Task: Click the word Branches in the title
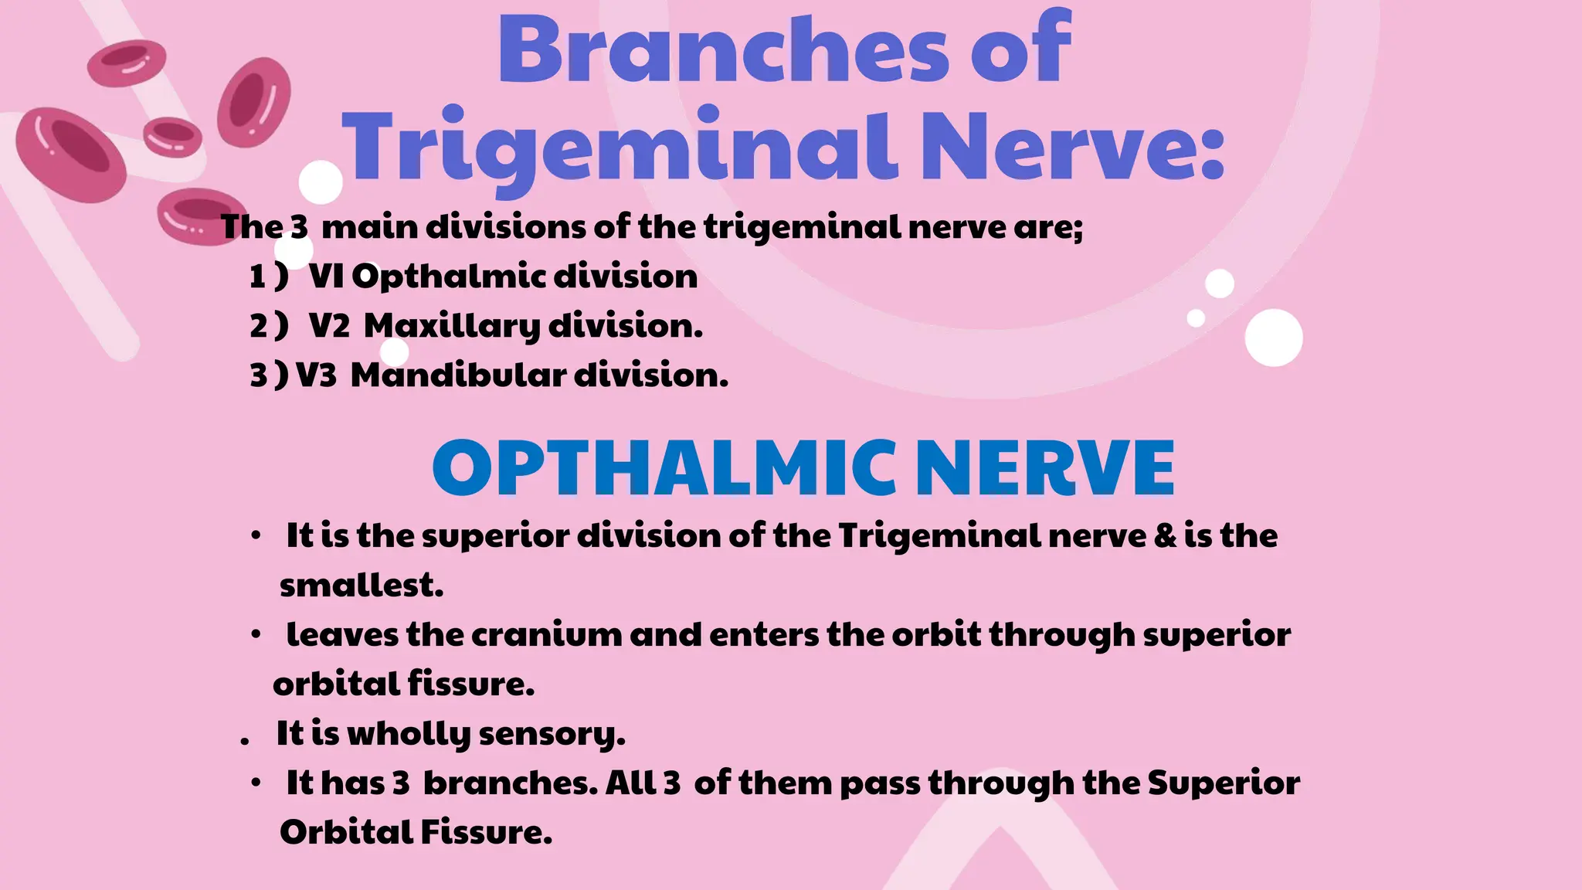(x=723, y=50)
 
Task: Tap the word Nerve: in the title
(x=1072, y=147)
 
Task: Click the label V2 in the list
(x=329, y=326)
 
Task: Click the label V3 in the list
(x=317, y=375)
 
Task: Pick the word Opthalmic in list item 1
(x=447, y=277)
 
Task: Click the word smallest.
(x=362, y=586)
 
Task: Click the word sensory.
(x=552, y=734)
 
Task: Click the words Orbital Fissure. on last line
(x=416, y=833)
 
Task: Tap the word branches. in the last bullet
(x=511, y=783)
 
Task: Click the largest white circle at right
(x=1273, y=338)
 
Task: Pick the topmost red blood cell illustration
(x=127, y=63)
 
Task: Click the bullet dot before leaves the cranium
(x=256, y=635)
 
